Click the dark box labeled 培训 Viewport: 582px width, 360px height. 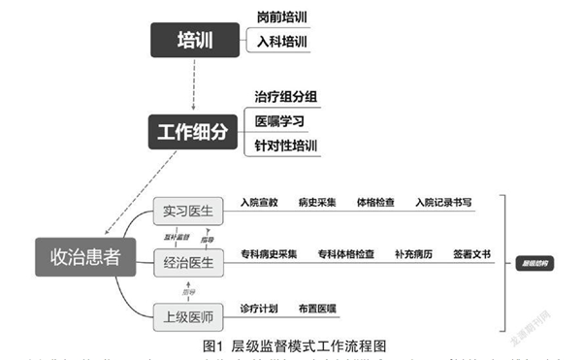tap(195, 40)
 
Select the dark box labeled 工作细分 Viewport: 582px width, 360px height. tap(195, 130)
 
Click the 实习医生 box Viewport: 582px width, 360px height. tap(188, 212)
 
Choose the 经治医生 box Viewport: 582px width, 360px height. tap(188, 260)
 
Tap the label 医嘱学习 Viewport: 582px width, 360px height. tap(281, 121)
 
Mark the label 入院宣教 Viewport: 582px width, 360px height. tap(259, 203)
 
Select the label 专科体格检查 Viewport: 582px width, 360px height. tap(346, 254)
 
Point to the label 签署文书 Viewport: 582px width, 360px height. tap(470, 254)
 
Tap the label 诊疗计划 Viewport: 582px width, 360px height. tap(259, 309)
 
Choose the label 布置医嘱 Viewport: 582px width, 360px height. tap(317, 309)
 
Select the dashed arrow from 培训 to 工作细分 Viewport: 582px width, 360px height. tap(195, 84)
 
